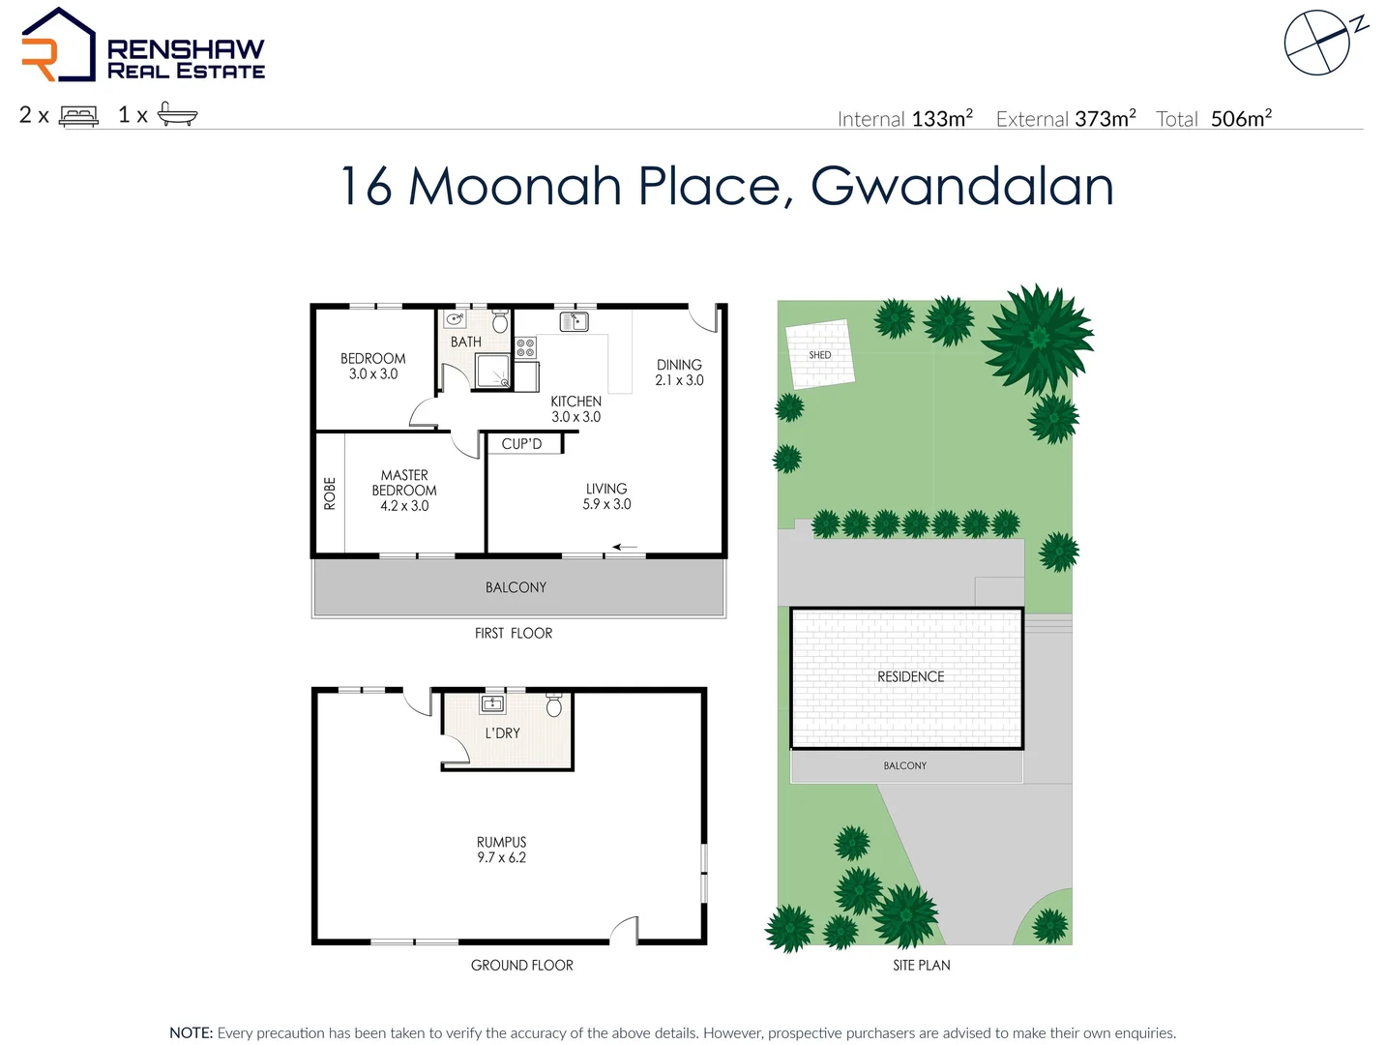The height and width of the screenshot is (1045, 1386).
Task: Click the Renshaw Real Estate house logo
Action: pyautogui.click(x=58, y=45)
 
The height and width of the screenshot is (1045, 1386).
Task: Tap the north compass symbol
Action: pyautogui.click(x=1317, y=43)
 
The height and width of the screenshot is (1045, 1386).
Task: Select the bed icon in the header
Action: pyautogui.click(x=78, y=116)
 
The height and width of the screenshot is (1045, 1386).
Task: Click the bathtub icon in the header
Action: pyautogui.click(x=177, y=115)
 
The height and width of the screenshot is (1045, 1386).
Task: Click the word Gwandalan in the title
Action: pyautogui.click(x=961, y=186)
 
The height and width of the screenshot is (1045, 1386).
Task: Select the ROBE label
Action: pyautogui.click(x=330, y=493)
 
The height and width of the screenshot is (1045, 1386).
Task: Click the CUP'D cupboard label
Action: pyautogui.click(x=521, y=444)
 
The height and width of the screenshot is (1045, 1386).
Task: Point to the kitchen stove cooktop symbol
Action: pyautogui.click(x=525, y=348)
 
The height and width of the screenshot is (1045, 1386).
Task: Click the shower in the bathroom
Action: pyautogui.click(x=492, y=371)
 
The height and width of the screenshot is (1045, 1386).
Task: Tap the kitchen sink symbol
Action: pyautogui.click(x=574, y=321)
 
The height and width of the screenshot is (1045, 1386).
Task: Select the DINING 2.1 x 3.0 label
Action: pyautogui.click(x=679, y=373)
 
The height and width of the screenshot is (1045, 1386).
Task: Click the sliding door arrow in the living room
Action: pyautogui.click(x=625, y=548)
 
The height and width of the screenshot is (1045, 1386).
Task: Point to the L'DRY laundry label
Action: pyautogui.click(x=502, y=733)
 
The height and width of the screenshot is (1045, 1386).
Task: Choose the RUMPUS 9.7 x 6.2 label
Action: pyautogui.click(x=501, y=850)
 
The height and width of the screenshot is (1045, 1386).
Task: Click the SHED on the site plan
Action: pyautogui.click(x=819, y=355)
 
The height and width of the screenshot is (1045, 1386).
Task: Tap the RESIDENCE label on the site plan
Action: pyautogui.click(x=910, y=677)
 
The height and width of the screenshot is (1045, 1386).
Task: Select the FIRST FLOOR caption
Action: pyautogui.click(x=514, y=634)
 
